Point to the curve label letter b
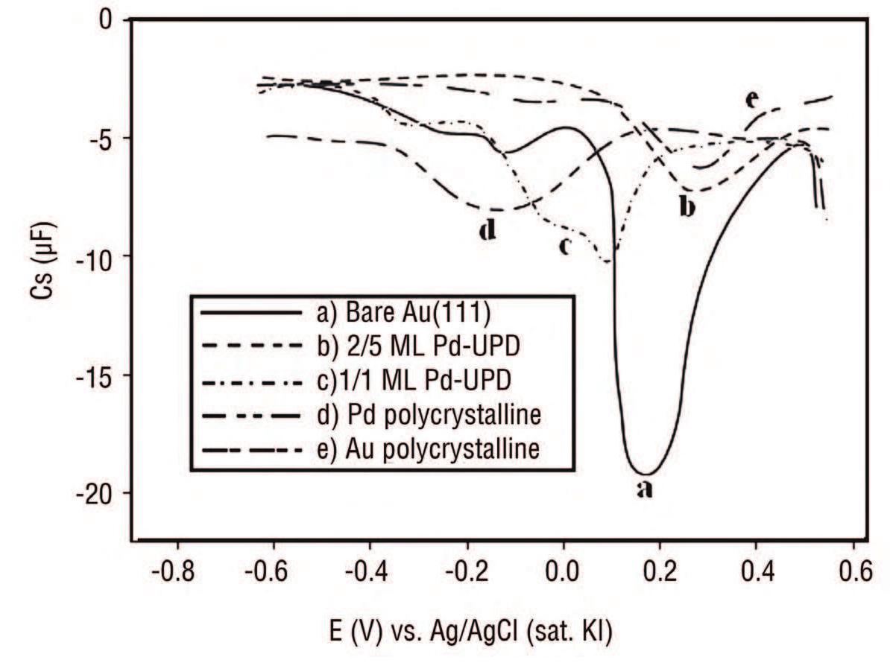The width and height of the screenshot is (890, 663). (x=687, y=206)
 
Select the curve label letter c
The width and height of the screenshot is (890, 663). (x=564, y=245)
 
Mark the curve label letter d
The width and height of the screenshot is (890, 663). (x=487, y=231)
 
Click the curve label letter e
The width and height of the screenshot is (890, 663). (x=751, y=99)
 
